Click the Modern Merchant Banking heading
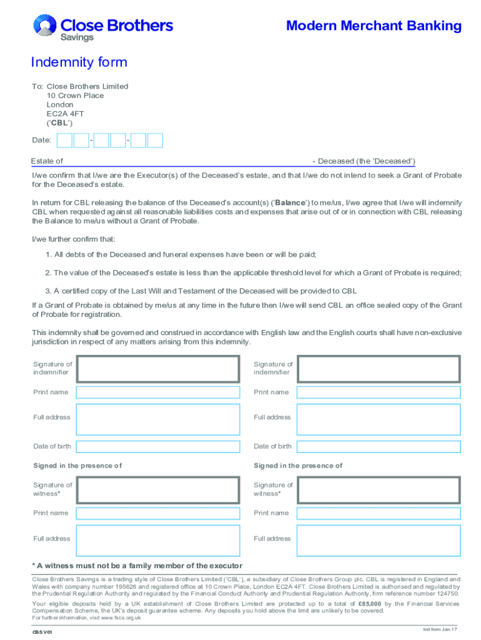tap(374, 26)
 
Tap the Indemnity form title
tap(79, 62)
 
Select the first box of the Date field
tap(64, 141)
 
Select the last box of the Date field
tap(155, 141)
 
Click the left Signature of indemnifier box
tap(157, 368)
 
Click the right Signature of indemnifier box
tap(378, 368)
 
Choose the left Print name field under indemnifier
tap(157, 392)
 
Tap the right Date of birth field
tap(378, 446)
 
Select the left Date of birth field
tap(157, 446)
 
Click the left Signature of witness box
tap(157, 489)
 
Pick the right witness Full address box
tap(378, 540)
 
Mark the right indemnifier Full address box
tap(378, 419)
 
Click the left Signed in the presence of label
tap(77, 466)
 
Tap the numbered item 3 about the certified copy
tap(201, 291)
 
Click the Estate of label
tap(47, 161)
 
